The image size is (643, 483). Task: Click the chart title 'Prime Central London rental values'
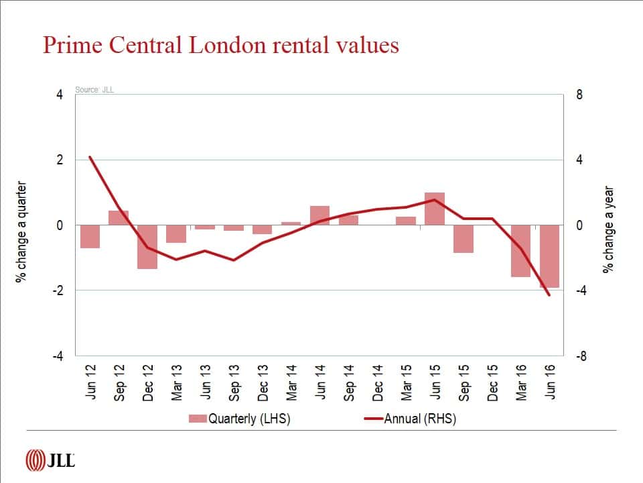point(221,45)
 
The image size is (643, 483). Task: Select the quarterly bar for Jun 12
point(90,237)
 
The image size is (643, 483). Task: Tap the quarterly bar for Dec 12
point(147,247)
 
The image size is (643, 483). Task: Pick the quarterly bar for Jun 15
point(435,209)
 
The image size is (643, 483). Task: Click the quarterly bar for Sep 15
point(463,239)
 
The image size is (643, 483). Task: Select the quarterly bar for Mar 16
point(520,251)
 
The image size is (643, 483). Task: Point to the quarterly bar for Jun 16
point(549,256)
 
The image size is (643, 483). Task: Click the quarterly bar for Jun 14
point(319,215)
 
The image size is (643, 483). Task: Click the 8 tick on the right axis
point(579,95)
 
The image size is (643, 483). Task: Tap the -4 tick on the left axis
point(59,356)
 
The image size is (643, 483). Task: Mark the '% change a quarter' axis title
point(21,231)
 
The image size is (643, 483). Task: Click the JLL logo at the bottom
point(50,460)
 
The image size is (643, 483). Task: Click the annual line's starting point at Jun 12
point(90,157)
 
